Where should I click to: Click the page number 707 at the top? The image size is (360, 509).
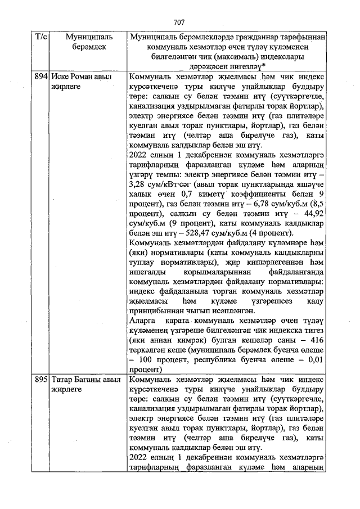click(179, 22)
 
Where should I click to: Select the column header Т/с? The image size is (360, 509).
click(40, 37)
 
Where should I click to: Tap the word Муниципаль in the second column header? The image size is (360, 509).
click(85, 37)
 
